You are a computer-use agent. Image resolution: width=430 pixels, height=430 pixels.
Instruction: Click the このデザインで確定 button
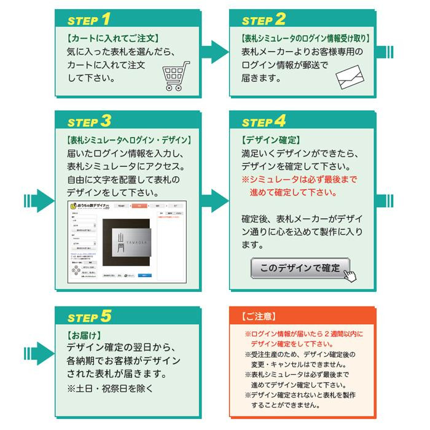[x=300, y=268]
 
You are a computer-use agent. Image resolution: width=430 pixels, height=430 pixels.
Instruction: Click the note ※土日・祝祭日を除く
[x=111, y=389]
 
